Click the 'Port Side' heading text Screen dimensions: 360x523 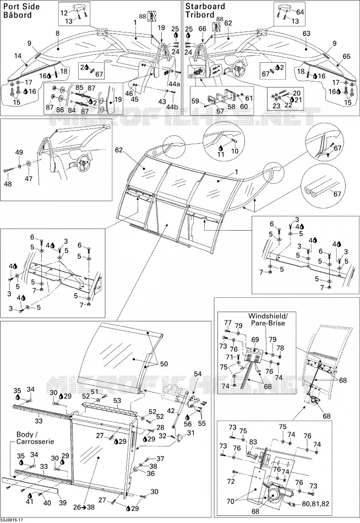point(21,7)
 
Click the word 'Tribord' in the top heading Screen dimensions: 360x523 point(200,15)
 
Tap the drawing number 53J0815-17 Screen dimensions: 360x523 point(12,520)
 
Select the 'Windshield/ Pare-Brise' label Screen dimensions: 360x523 point(267,319)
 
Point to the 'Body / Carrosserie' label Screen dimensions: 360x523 point(35,438)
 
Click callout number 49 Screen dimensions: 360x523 point(19,152)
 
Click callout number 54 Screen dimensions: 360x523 point(198,374)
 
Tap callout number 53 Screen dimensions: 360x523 point(117,400)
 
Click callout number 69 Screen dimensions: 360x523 point(255,340)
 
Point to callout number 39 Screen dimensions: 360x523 point(63,502)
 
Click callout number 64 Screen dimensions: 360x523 point(300,12)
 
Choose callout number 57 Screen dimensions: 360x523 point(220,111)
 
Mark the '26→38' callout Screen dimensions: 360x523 point(84,508)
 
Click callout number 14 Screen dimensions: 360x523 point(18,56)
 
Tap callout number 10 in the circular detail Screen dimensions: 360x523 point(235,151)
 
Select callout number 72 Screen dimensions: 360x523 point(231,481)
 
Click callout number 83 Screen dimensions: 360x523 point(253,442)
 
